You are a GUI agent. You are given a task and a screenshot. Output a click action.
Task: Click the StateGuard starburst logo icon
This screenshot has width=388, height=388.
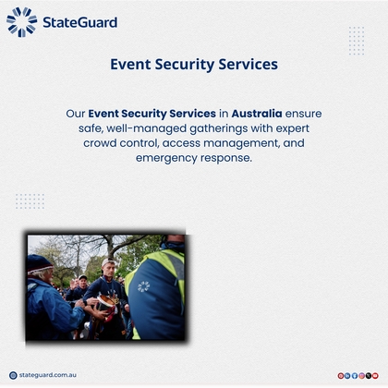click(21, 21)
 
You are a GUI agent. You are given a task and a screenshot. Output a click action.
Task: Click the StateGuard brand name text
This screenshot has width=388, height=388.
click(80, 21)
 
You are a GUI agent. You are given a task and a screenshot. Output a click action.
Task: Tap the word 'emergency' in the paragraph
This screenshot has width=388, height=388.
click(168, 158)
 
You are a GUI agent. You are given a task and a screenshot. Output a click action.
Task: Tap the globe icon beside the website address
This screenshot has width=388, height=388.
click(13, 375)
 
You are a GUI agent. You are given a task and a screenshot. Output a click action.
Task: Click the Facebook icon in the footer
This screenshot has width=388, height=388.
click(355, 375)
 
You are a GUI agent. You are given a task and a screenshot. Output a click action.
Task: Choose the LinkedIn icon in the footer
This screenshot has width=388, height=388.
click(347, 375)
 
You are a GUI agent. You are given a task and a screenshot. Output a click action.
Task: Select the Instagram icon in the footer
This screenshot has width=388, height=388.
click(361, 375)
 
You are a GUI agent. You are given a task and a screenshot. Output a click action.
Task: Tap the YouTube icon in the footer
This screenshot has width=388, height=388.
click(375, 375)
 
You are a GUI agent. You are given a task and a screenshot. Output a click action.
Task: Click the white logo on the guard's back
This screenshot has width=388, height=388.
click(143, 286)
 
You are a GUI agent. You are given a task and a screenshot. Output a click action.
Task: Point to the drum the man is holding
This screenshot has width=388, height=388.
click(105, 302)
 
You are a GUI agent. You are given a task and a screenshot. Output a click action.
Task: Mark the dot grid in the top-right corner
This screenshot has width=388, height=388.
click(357, 41)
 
